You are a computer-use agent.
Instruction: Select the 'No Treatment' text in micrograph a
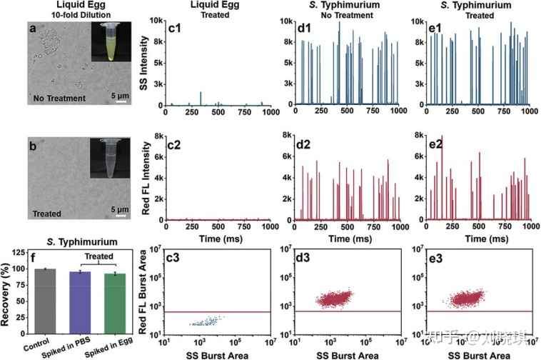click(x=59, y=98)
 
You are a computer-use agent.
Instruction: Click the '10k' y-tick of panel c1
click(x=156, y=21)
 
